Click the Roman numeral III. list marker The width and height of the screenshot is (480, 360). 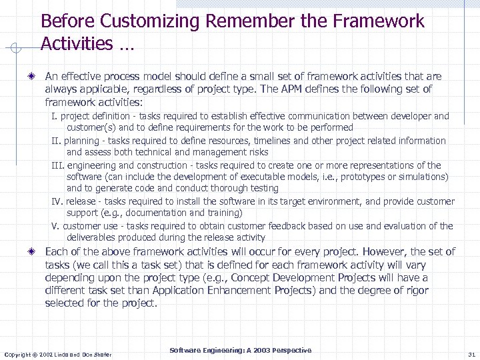click(x=58, y=165)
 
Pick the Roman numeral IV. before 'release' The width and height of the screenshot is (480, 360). click(x=58, y=201)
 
